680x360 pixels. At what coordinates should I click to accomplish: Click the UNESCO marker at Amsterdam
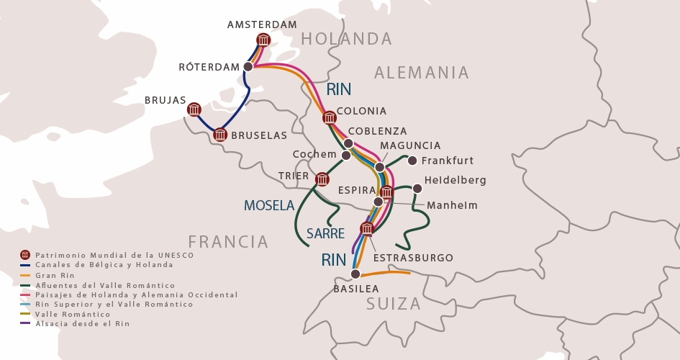[263, 40]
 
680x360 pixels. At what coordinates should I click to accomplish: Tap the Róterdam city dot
[248, 66]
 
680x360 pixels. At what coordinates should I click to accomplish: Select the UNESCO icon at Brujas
[194, 109]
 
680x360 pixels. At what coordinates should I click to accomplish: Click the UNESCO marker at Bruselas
[220, 134]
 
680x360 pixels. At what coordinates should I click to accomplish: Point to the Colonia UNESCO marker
[330, 117]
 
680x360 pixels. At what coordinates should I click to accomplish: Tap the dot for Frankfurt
[412, 161]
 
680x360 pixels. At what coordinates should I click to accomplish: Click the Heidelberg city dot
[417, 189]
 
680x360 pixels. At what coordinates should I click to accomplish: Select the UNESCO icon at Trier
[322, 179]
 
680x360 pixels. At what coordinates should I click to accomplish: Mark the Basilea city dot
[355, 274]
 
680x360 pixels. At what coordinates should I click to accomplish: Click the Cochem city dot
[346, 156]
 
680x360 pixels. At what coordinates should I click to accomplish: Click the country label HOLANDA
[346, 39]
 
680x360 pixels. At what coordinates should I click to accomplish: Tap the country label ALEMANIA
[422, 73]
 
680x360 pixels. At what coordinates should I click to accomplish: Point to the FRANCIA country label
[228, 241]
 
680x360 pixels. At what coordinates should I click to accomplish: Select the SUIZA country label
[394, 304]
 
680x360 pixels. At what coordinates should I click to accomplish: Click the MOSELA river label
[269, 206]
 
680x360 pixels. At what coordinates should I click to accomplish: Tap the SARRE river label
[325, 233]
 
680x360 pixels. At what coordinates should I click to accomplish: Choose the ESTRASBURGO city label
[413, 258]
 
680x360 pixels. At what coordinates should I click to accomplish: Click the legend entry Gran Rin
[55, 275]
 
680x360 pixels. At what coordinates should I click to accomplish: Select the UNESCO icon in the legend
[25, 255]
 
